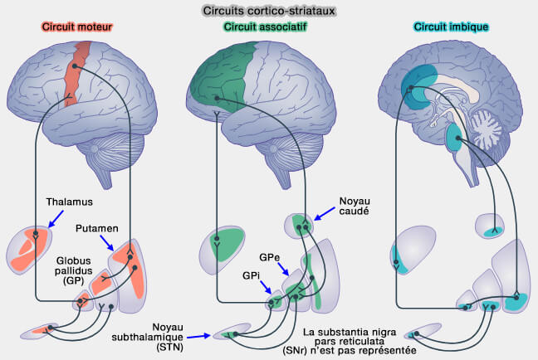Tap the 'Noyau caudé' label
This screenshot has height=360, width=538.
(354, 206)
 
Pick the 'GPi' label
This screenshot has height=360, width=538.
(252, 274)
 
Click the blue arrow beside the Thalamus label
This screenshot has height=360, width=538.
(55, 217)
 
